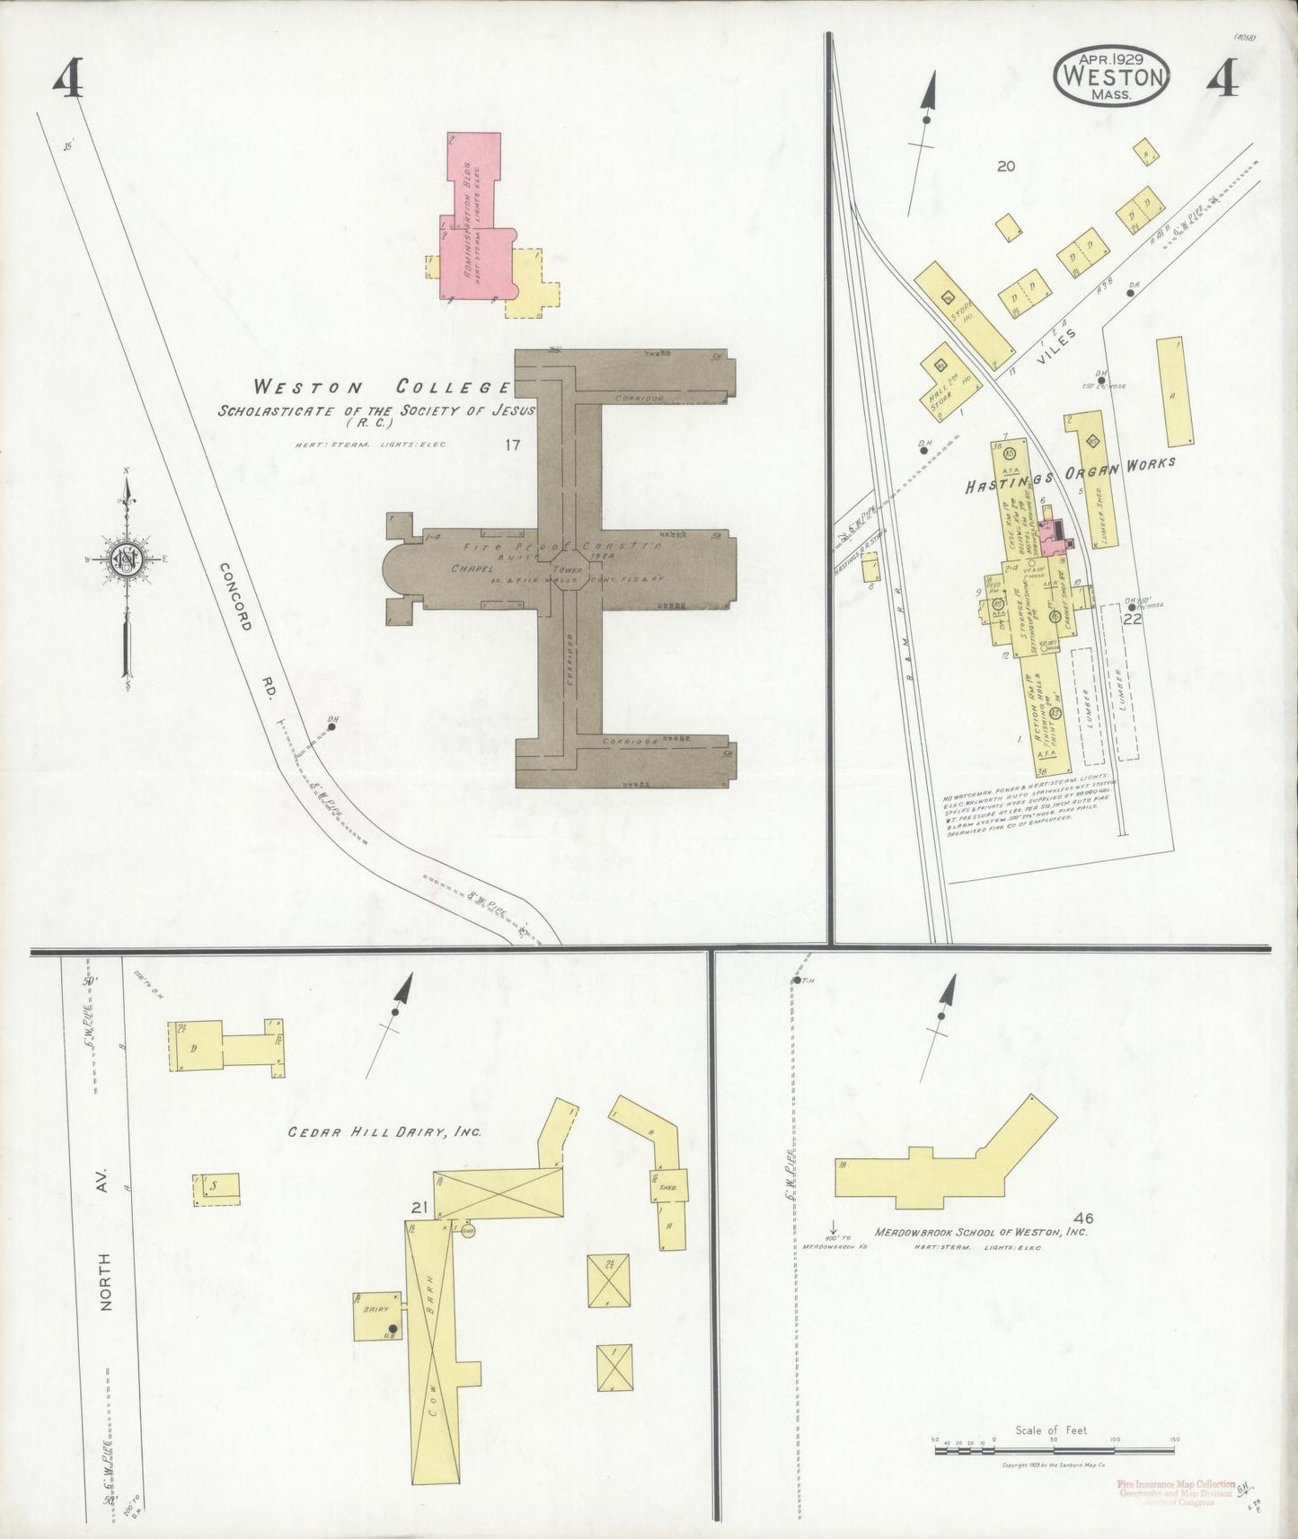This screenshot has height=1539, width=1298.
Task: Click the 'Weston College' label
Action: (382, 388)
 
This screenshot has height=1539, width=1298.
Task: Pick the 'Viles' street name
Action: (1052, 350)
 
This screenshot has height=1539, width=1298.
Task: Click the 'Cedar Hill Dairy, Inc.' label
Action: (384, 1132)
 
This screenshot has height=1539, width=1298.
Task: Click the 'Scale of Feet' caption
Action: (1051, 1429)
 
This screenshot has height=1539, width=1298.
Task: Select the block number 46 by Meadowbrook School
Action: (1082, 1218)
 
